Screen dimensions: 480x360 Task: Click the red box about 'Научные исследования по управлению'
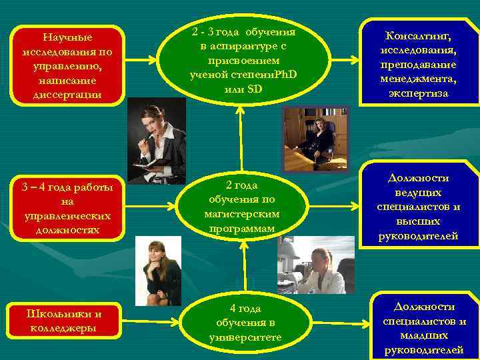pyautogui.click(x=67, y=65)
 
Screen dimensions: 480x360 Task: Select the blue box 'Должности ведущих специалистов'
pyautogui.click(x=418, y=207)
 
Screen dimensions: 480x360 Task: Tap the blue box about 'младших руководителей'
pyautogui.click(x=424, y=327)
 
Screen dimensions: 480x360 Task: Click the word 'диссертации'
pyautogui.click(x=67, y=94)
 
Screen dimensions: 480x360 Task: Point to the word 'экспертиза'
pyautogui.click(x=419, y=93)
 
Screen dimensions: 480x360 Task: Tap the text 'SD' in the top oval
pyautogui.click(x=255, y=89)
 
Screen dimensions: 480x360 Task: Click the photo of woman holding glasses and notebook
pyautogui.click(x=157, y=140)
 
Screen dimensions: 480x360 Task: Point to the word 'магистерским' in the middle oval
pyautogui.click(x=242, y=214)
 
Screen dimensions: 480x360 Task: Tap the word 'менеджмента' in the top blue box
pyautogui.click(x=419, y=79)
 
